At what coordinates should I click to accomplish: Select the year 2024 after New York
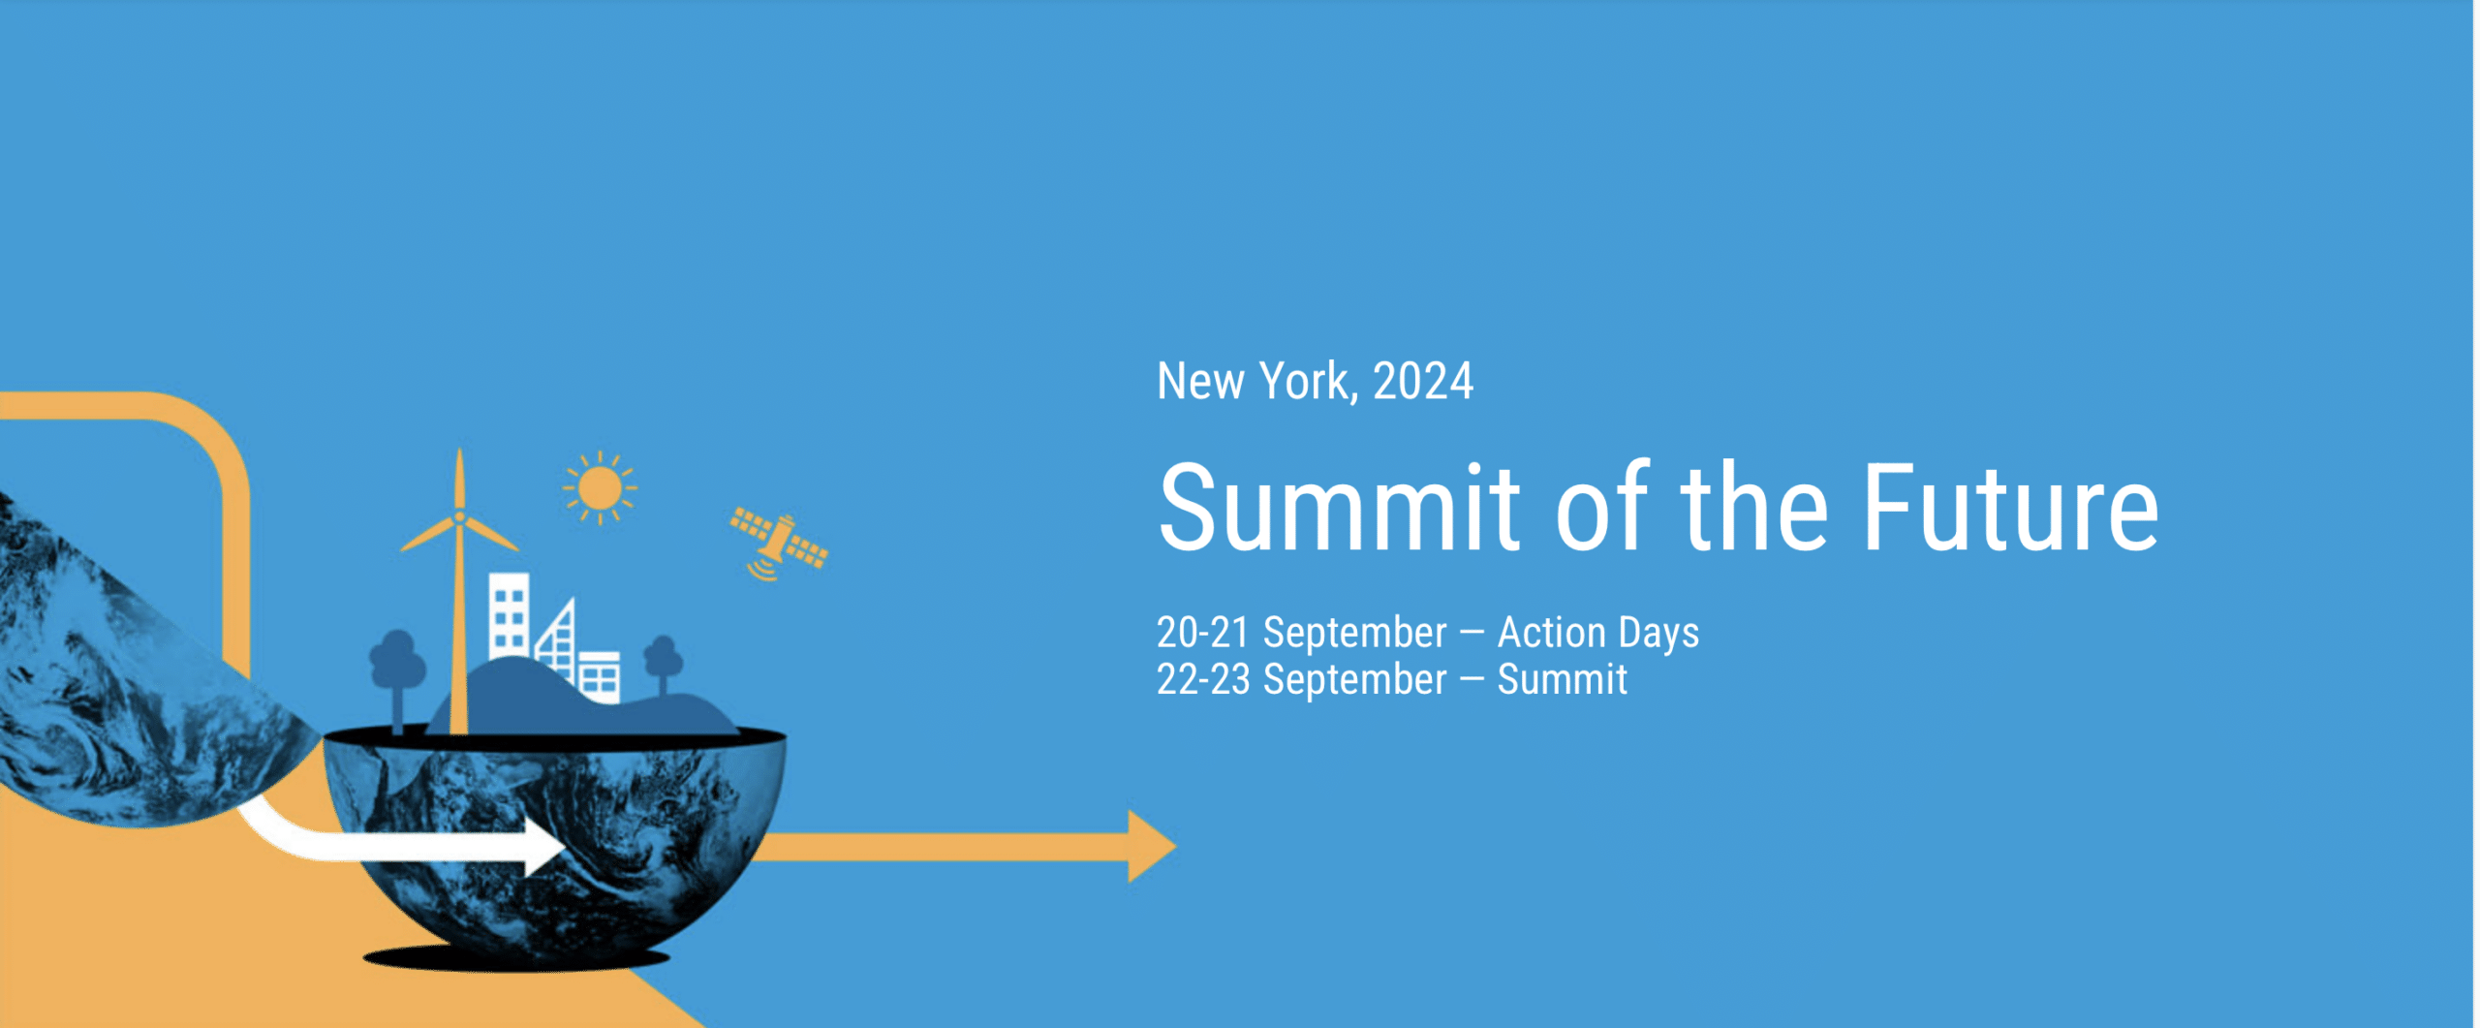coord(1423,381)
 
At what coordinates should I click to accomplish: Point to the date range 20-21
coord(1202,633)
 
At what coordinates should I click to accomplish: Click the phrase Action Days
coord(1597,633)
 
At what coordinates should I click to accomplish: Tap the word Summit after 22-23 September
coord(1562,679)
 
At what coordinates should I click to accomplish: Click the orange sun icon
coord(600,487)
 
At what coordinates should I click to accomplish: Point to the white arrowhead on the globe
coord(544,846)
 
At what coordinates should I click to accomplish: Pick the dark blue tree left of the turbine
coord(397,663)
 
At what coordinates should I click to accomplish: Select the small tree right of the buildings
coord(664,658)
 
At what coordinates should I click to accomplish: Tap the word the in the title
coord(1753,509)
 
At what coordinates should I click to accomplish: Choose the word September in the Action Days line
coord(1354,633)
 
